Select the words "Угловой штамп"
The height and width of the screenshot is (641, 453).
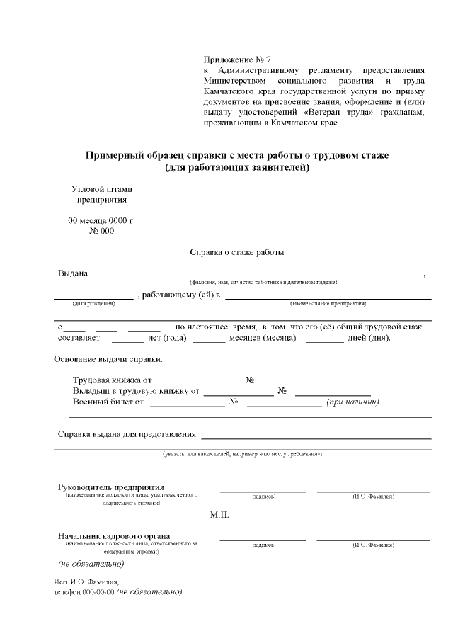pos(102,189)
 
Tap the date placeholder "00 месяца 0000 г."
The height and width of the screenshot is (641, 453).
pos(101,220)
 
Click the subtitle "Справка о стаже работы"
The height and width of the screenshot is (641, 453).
pos(237,251)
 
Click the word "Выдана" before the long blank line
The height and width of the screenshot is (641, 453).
pos(72,274)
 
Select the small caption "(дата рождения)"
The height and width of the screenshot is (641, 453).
pos(93,303)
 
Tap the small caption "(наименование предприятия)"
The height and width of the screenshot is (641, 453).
pos(328,303)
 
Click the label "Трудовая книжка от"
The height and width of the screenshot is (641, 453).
pos(113,380)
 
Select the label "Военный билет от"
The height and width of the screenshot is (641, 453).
pos(108,402)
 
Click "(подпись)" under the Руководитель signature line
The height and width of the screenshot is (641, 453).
pos(263,497)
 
